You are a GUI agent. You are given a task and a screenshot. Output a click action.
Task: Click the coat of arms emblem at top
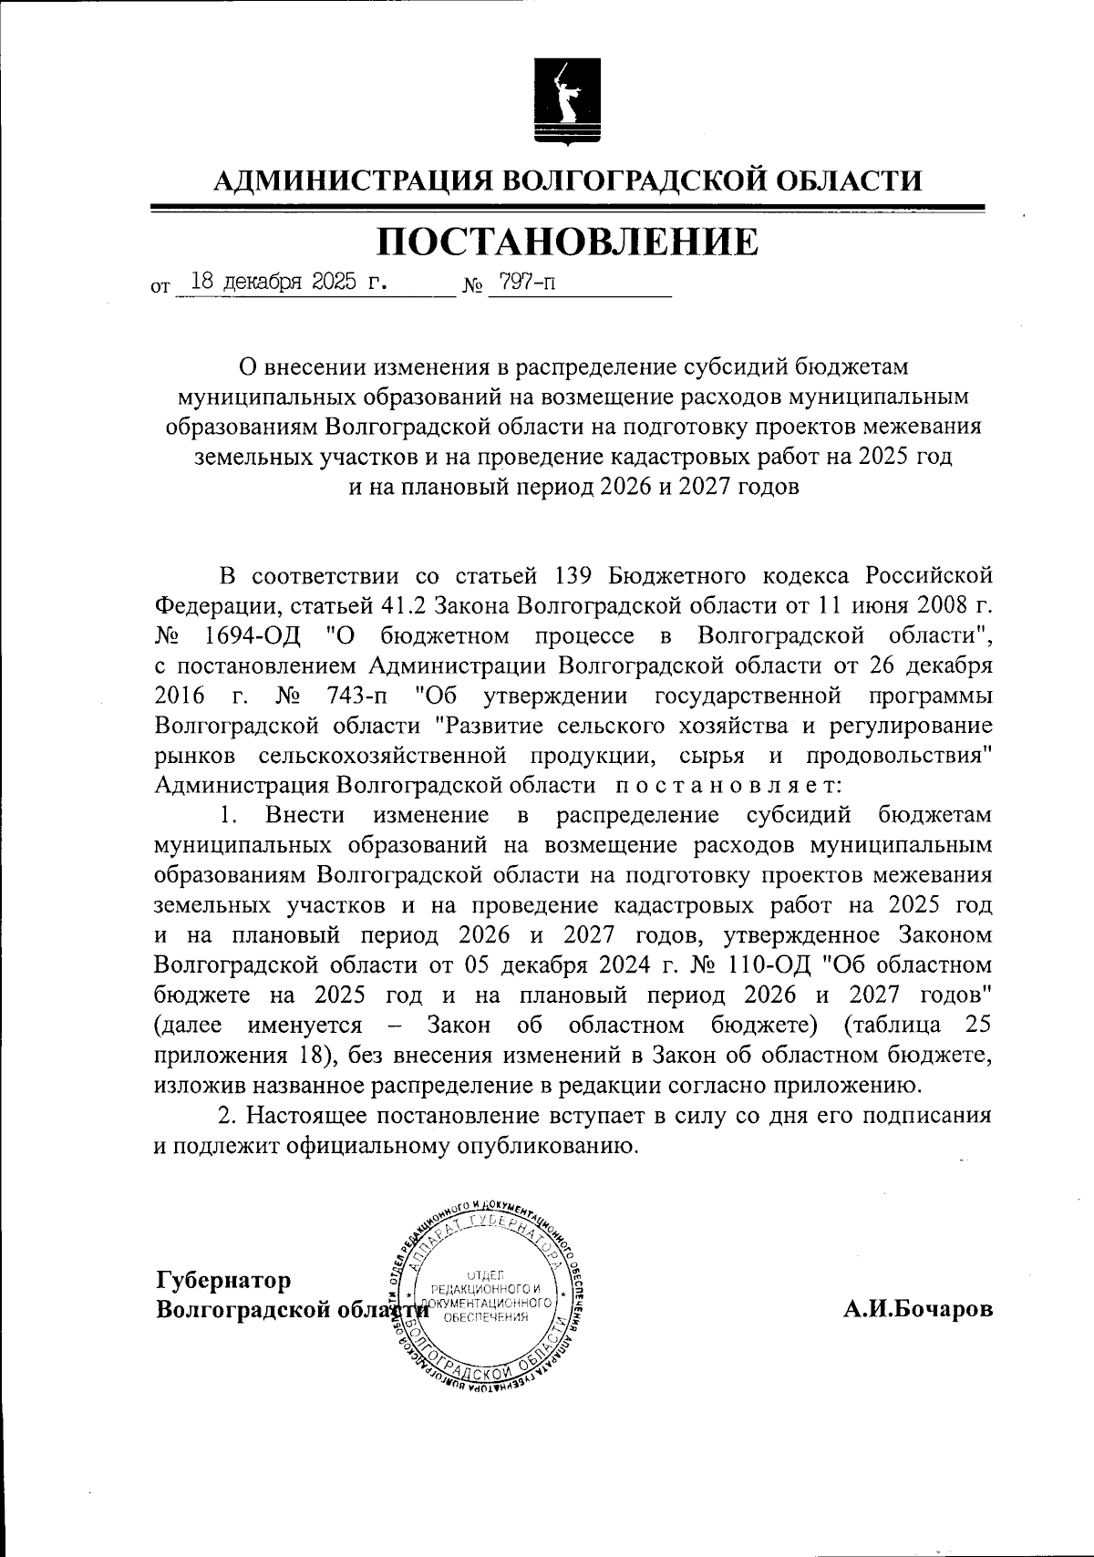[x=566, y=101]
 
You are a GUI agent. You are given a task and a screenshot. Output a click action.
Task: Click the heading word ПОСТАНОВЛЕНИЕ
[x=566, y=242]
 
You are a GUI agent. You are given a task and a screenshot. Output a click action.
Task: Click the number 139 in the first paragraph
[x=574, y=575]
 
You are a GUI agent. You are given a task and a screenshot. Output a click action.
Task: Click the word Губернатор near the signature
[x=224, y=1280]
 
